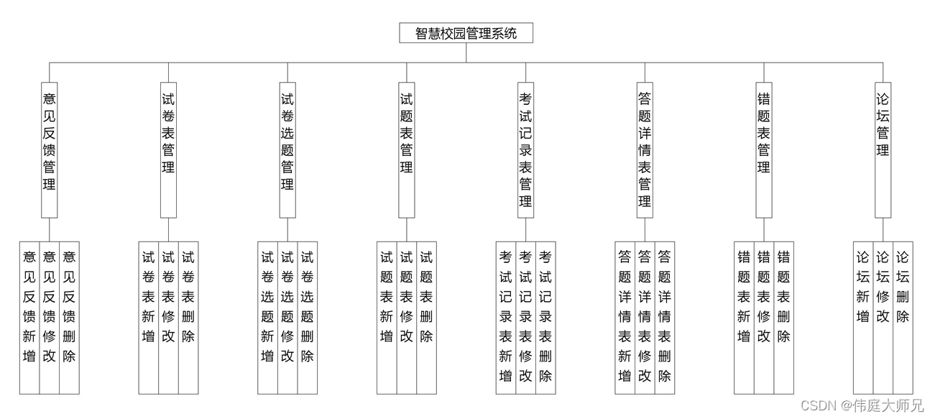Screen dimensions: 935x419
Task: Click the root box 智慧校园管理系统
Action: tap(466, 33)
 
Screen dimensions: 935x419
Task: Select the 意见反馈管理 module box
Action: tap(50, 149)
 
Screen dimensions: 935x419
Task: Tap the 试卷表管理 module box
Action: tap(168, 149)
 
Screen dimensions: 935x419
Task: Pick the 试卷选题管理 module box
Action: tap(287, 149)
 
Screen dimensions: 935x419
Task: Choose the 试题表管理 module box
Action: tap(407, 149)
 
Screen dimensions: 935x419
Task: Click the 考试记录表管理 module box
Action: tap(525, 149)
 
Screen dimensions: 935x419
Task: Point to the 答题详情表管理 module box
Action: tap(645, 149)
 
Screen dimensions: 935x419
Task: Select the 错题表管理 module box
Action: tap(764, 149)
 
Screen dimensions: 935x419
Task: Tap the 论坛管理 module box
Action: tap(883, 149)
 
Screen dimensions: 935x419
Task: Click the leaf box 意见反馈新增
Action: tap(29, 318)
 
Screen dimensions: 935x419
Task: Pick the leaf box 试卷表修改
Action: tap(168, 318)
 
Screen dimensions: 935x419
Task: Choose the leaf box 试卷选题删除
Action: tap(308, 318)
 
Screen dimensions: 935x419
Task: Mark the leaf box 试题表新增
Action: tap(387, 318)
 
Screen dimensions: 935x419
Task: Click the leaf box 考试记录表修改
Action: tap(525, 318)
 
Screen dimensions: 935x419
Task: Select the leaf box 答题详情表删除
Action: tap(665, 318)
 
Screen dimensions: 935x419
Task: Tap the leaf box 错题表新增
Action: tap(744, 318)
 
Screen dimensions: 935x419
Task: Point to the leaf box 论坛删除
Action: tap(903, 318)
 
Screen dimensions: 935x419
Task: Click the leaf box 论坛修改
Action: tap(883, 318)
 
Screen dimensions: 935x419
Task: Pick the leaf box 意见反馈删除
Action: tap(69, 318)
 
